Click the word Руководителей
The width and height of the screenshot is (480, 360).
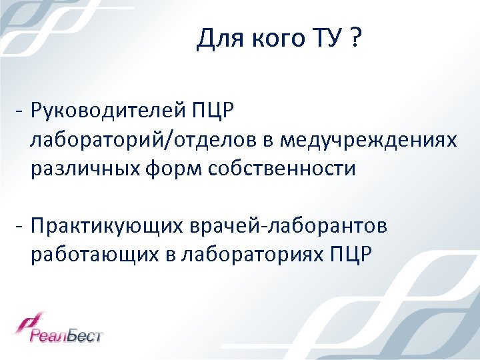tap(109, 109)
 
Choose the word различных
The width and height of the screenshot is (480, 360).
tap(83, 169)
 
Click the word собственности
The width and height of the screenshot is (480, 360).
tap(282, 169)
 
